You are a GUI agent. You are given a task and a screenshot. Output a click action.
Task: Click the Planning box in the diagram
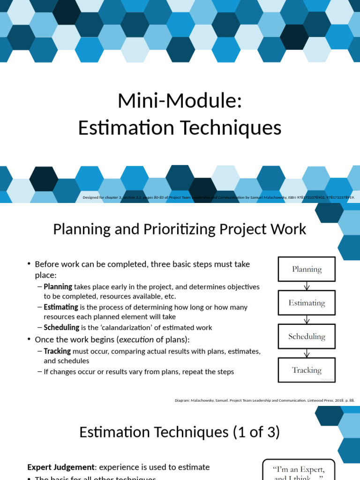coord(307,269)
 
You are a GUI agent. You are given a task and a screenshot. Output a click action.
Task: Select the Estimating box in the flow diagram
coord(307,303)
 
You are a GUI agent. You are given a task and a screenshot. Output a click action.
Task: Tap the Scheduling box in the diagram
coord(307,337)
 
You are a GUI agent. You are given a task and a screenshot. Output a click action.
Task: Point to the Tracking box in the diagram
coord(307,370)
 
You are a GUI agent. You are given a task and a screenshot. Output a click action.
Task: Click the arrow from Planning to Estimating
coord(307,286)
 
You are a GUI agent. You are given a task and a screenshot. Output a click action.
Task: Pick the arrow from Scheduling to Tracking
coord(307,353)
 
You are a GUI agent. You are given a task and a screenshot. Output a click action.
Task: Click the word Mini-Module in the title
coord(180,101)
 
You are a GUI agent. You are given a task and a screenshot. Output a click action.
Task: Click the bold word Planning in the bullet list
coord(58,286)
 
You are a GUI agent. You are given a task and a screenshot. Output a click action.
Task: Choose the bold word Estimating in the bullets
coord(61,307)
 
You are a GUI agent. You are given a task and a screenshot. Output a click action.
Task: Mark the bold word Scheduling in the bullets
coord(61,328)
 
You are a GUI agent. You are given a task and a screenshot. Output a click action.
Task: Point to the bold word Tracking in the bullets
coord(57,351)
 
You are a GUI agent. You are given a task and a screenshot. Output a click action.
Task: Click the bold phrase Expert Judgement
coord(61,467)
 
